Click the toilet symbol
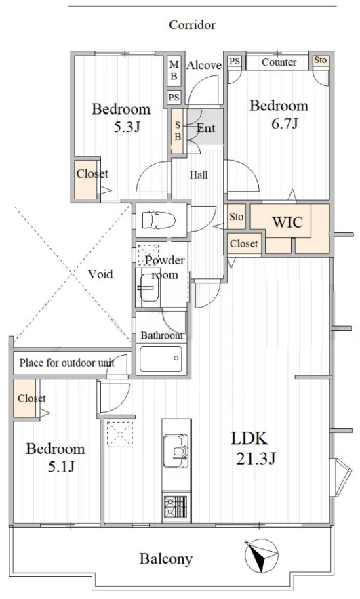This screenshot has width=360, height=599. tap(159, 220)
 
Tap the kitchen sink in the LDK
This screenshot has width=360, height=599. tap(176, 451)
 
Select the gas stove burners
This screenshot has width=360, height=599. tap(176, 507)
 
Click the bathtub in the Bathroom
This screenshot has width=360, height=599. tap(161, 359)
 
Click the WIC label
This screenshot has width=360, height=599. tap(287, 222)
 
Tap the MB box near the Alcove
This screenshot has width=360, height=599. tap(174, 70)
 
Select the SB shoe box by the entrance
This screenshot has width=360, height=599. tap(178, 131)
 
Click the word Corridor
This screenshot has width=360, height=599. tap(193, 25)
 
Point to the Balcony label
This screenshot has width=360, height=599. tap(166, 558)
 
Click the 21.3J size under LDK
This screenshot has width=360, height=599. tap(256, 459)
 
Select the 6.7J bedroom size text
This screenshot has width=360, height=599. tap(285, 124)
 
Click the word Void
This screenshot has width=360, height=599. tap(100, 274)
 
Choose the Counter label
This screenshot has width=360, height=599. tap(279, 62)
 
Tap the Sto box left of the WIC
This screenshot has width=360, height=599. tap(236, 217)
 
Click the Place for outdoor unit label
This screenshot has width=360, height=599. tap(67, 363)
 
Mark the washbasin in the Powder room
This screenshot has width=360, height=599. tap(150, 288)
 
